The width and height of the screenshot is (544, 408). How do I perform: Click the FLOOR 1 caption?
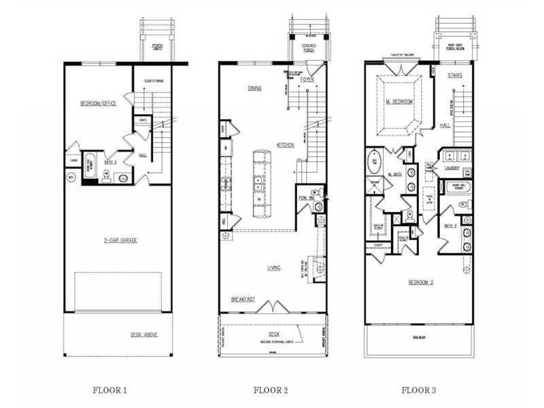(109, 390)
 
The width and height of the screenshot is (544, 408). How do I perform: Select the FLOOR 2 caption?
(270, 390)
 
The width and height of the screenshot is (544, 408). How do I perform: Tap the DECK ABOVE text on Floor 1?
(145, 335)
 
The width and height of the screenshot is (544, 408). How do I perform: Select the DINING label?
(255, 88)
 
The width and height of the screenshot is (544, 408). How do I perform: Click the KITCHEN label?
(285, 144)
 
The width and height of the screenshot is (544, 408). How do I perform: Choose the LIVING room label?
(274, 268)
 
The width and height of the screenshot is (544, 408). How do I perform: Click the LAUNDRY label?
(453, 167)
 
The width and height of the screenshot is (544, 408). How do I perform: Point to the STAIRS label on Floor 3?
(455, 75)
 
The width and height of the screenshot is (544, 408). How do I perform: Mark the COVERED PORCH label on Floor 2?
(308, 47)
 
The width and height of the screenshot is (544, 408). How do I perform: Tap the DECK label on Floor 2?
(273, 334)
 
